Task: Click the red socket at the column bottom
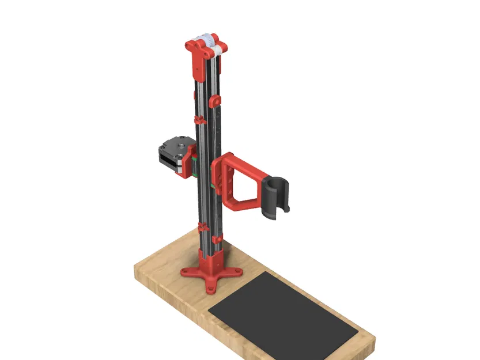coord(210,259)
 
